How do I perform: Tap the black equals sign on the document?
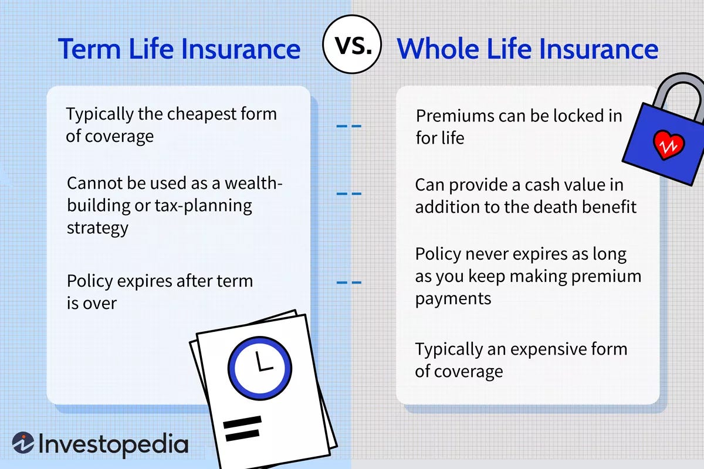click(241, 430)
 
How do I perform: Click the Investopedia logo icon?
click(23, 444)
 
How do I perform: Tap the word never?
click(493, 254)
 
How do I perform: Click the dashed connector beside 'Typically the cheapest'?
click(348, 126)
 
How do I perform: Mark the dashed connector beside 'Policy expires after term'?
click(348, 283)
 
